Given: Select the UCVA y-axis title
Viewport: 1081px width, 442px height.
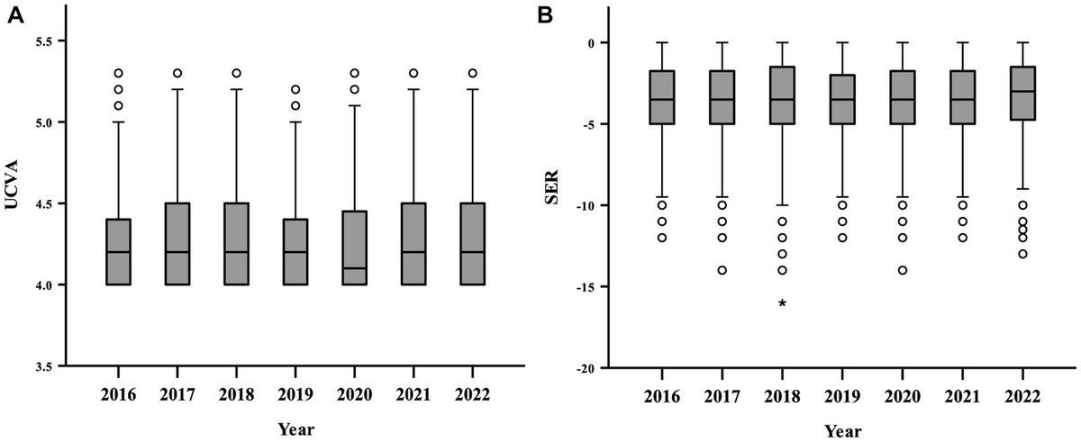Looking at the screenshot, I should (14, 203).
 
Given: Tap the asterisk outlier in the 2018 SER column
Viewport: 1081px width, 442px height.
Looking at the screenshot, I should (782, 304).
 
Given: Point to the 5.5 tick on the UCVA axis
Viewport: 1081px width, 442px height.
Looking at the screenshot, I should (42, 41).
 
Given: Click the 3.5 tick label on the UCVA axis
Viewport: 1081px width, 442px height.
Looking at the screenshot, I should (42, 366).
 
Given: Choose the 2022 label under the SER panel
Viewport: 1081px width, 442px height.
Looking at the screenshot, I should (1022, 396).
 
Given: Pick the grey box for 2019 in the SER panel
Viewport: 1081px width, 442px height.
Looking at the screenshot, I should (842, 99).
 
